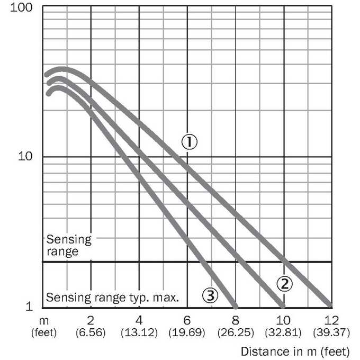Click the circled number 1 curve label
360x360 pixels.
click(x=190, y=142)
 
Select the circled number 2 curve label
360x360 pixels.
click(x=284, y=284)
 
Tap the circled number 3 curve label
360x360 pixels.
click(x=210, y=295)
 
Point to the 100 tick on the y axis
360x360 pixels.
click(x=21, y=7)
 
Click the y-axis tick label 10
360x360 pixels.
click(x=25, y=156)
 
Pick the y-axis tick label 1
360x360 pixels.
click(x=29, y=306)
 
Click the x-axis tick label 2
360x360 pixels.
click(x=91, y=320)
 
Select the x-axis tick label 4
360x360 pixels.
click(x=139, y=320)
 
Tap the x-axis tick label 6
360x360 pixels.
click(x=187, y=320)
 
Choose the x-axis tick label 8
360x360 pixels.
click(x=236, y=320)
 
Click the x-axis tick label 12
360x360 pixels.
click(x=331, y=320)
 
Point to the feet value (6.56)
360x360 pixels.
click(x=91, y=332)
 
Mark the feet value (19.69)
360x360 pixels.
click(x=187, y=332)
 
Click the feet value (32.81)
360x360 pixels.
click(x=283, y=332)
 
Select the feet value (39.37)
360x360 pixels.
click(x=331, y=332)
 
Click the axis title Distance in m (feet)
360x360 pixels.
click(x=295, y=352)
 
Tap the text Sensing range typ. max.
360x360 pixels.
click(x=112, y=298)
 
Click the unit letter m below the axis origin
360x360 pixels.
click(x=44, y=321)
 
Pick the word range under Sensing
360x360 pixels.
click(x=62, y=251)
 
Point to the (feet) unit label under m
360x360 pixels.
click(x=44, y=332)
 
